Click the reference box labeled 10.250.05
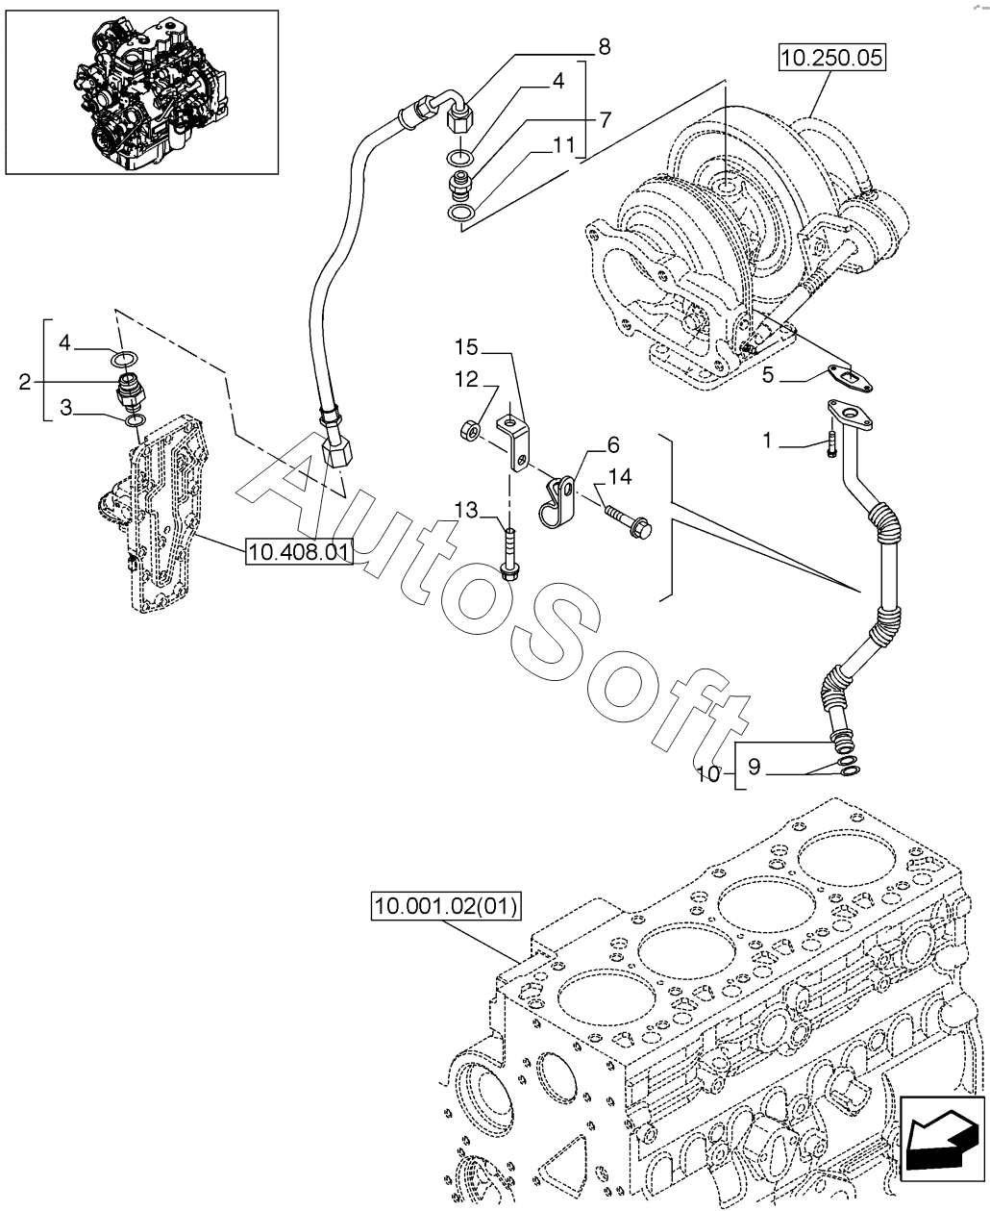click(x=832, y=58)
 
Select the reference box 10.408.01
click(x=299, y=552)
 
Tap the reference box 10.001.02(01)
click(x=446, y=907)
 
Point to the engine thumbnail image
click(x=141, y=92)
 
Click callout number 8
click(x=604, y=46)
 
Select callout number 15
click(x=466, y=347)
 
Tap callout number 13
click(x=466, y=510)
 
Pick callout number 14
click(x=620, y=476)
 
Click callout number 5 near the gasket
click(x=768, y=375)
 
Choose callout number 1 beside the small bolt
click(x=767, y=441)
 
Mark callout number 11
click(x=563, y=145)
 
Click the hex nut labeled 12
click(x=469, y=430)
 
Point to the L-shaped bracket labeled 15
click(x=513, y=443)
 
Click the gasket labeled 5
click(x=850, y=380)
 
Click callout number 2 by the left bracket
click(x=25, y=381)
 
